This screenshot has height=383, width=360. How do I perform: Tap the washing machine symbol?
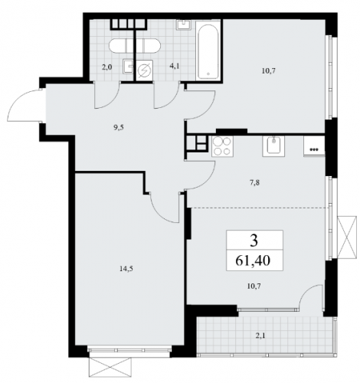pos(144,70)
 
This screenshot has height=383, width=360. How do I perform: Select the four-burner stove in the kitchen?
pos(222,146)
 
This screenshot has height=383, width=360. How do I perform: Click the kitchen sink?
pos(273,146)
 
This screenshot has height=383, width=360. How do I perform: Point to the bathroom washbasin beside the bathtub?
pos(184,25)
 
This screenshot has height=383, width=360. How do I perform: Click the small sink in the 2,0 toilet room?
pos(129,67)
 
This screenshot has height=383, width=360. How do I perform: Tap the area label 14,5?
pos(126,268)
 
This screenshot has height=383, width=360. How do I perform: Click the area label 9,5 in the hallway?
pos(119,128)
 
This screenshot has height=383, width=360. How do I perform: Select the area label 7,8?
pos(255,183)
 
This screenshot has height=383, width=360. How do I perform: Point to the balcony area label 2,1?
pos(260,336)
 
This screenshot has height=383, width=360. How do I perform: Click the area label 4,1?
pos(175,67)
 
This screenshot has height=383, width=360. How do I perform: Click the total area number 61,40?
pos(253,260)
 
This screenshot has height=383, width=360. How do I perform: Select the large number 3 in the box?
pos(254,241)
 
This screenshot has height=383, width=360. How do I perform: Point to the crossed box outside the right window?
pos(347,237)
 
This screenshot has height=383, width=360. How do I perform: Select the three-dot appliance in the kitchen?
pos(314,146)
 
